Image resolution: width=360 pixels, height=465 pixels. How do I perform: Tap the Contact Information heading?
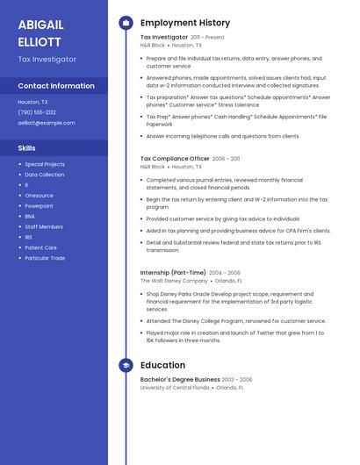[56, 86]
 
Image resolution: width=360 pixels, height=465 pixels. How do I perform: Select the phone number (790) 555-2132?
[37, 112]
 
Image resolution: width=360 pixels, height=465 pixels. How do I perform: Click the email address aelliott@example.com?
[47, 123]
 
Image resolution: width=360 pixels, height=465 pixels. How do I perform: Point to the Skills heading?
[27, 148]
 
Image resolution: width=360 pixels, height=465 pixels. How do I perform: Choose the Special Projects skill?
[45, 164]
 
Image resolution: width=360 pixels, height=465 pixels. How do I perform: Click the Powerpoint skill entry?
[40, 206]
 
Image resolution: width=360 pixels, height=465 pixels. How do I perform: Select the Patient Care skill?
[40, 247]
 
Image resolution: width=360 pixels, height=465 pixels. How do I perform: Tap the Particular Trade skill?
[45, 258]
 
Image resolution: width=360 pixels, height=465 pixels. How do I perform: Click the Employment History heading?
[185, 23]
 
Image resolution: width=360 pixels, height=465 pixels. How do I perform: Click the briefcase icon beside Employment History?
[126, 23]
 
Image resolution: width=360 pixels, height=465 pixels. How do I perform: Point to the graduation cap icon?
[126, 365]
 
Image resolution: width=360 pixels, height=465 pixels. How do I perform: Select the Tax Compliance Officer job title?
[175, 159]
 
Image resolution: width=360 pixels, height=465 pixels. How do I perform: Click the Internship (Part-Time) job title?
[173, 273]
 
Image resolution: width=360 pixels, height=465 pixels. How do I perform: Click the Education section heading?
[162, 365]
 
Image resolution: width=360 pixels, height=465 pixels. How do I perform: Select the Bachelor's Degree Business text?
[180, 380]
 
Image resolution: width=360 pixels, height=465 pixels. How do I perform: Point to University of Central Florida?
[175, 387]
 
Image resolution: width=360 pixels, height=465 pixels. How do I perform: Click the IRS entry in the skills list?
[29, 237]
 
